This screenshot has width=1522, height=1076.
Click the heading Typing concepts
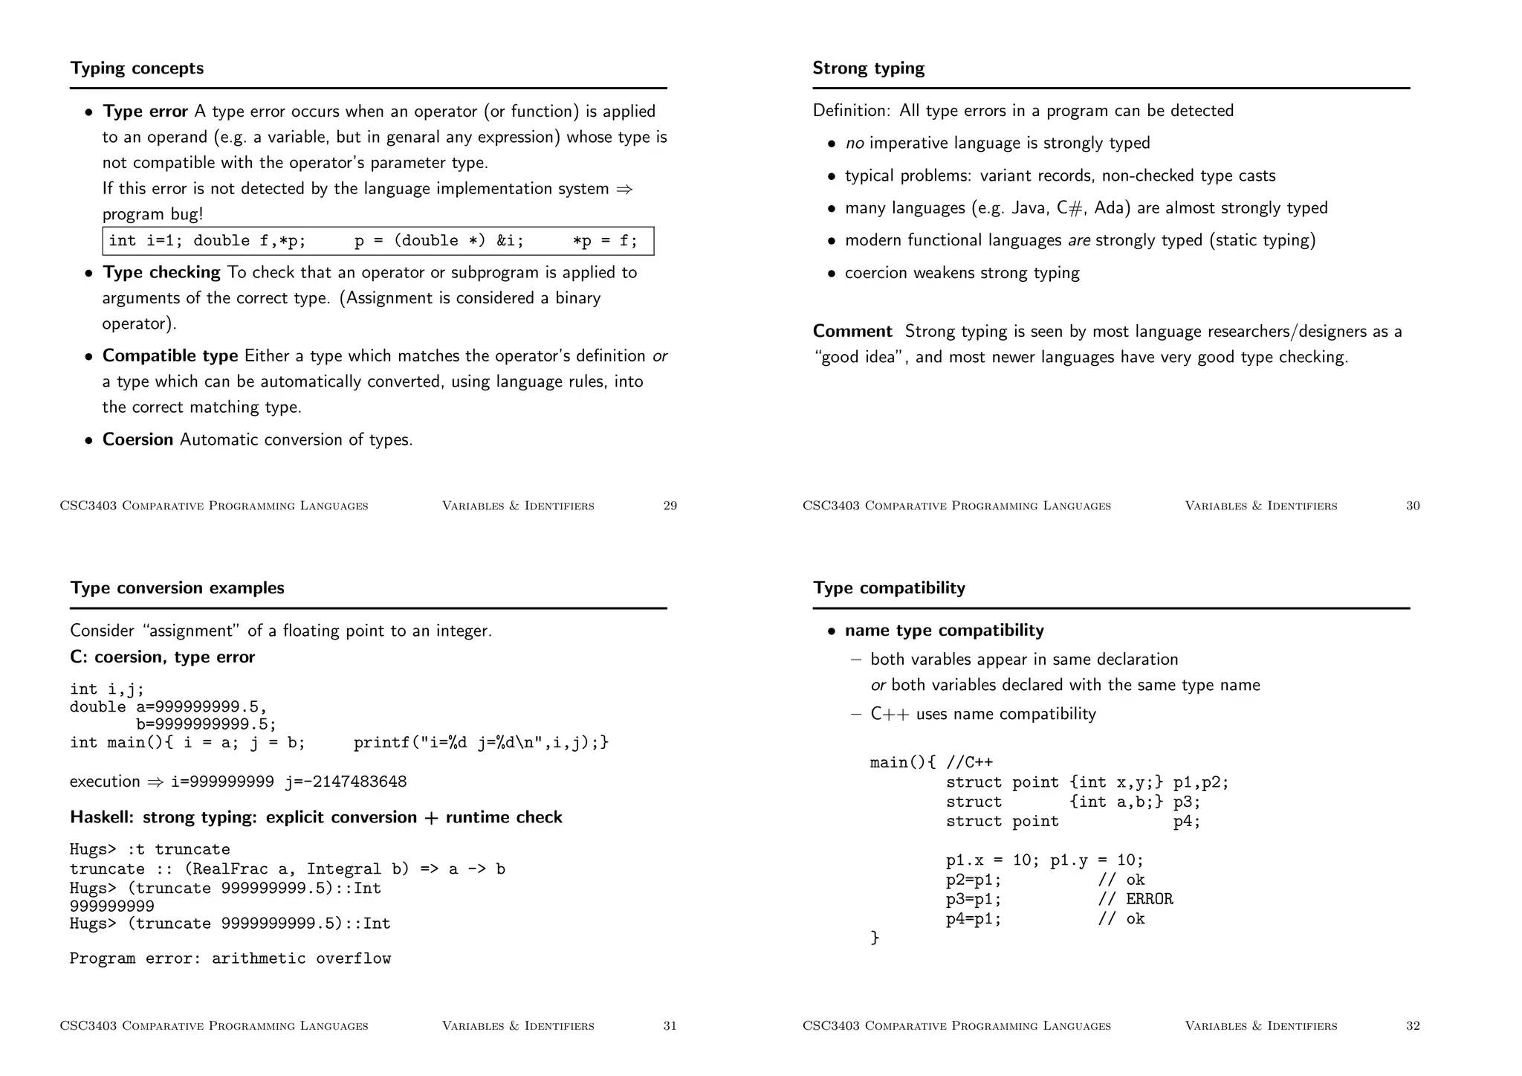[137, 68]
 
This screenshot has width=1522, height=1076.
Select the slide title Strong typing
[868, 68]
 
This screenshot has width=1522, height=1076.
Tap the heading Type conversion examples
[177, 588]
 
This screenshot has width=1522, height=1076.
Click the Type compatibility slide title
[889, 588]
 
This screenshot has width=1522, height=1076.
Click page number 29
[670, 506]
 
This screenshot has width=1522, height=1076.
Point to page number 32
[1412, 1026]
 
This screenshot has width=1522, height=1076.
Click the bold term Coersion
[137, 439]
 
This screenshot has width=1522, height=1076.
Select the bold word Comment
[852, 332]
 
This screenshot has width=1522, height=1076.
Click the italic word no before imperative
[854, 144]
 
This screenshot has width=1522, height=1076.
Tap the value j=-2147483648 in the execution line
[346, 782]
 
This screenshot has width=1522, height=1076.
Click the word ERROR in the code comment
[1149, 899]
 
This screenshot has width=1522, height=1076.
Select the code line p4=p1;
[973, 919]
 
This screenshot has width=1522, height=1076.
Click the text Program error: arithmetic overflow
[230, 959]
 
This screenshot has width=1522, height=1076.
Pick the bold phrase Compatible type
[169, 356]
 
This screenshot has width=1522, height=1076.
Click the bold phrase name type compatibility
[944, 631]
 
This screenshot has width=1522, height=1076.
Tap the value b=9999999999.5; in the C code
[206, 724]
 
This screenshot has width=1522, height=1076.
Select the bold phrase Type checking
[161, 273]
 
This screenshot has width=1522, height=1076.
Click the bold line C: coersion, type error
[162, 657]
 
